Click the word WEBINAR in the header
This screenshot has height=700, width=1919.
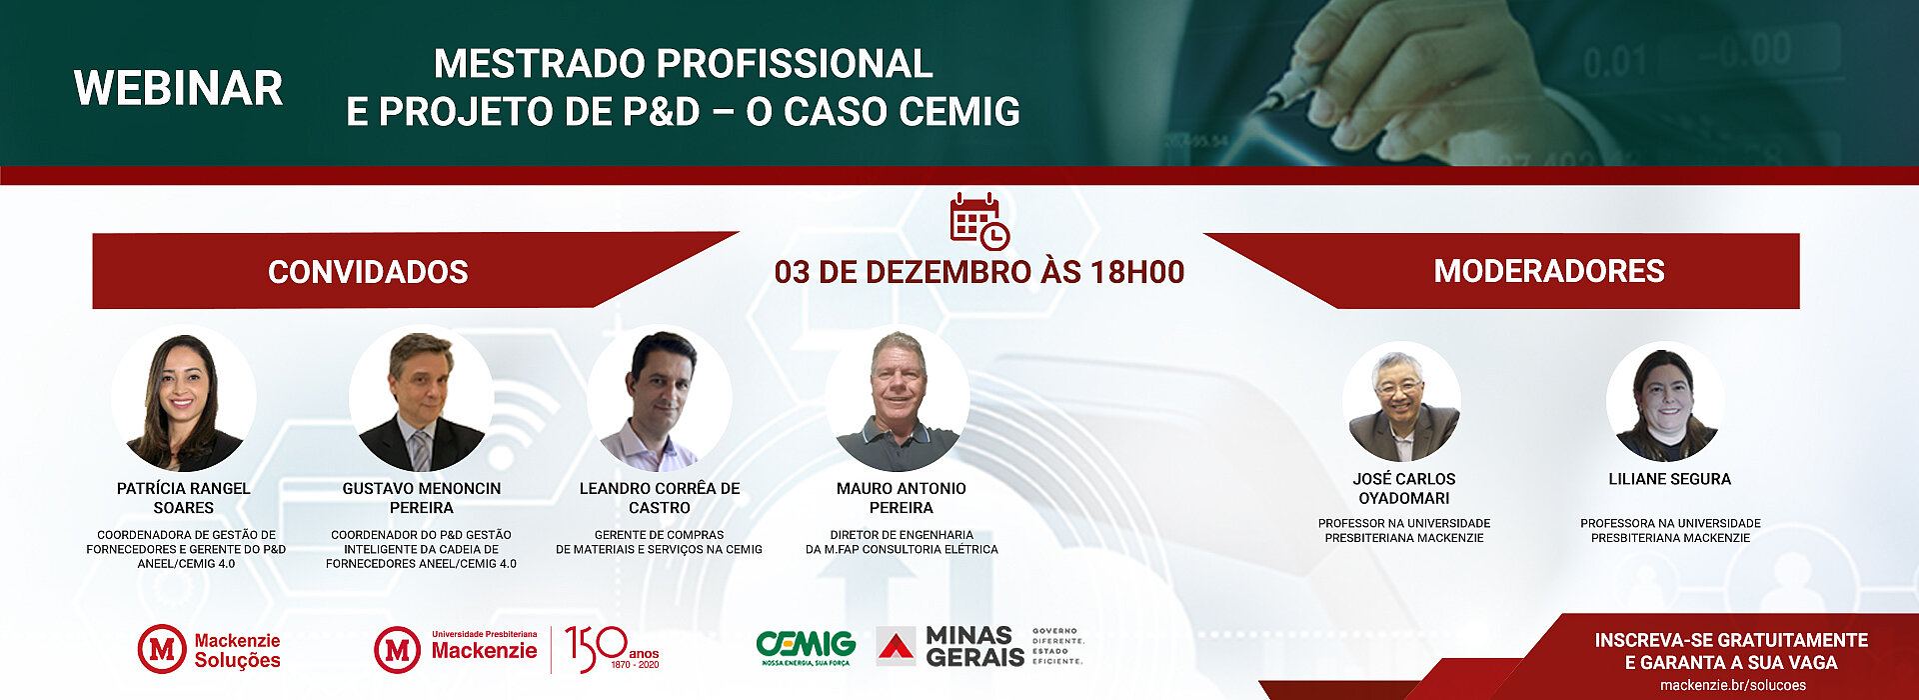179,88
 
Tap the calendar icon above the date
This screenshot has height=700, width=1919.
979,220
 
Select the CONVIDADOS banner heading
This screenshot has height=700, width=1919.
368,271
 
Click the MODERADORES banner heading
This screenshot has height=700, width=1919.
1549,270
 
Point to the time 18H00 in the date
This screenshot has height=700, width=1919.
1136,271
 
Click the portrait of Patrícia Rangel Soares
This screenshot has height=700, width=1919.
184,398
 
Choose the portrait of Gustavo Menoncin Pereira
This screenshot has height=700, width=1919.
422,398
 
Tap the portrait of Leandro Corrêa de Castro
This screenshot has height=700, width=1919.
660,398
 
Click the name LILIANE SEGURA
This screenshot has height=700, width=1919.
1669,479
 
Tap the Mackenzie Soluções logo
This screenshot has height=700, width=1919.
209,650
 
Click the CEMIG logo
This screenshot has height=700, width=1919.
806,648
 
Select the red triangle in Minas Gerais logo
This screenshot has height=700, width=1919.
897,647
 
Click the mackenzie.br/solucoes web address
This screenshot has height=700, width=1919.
1733,685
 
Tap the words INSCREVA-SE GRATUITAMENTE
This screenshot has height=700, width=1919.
1731,640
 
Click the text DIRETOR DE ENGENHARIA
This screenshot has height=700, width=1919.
902,535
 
